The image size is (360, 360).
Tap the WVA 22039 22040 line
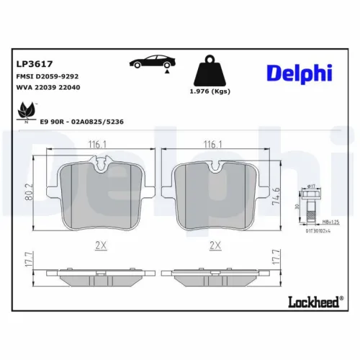pyautogui.click(x=48, y=88)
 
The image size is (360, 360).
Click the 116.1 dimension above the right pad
pyautogui.click(x=214, y=145)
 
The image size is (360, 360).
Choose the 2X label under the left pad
pyautogui.click(x=101, y=246)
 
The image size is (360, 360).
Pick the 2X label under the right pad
pyautogui.click(x=214, y=246)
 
